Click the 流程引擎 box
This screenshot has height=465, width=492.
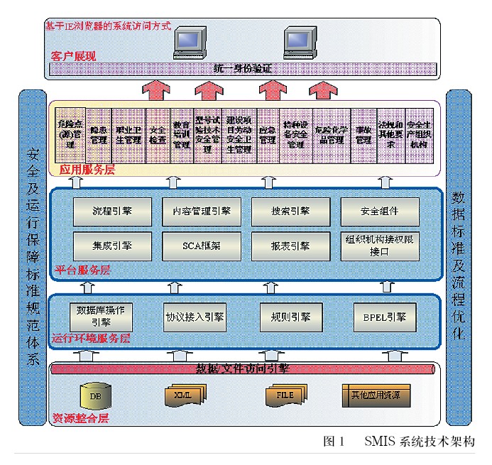[x=112, y=211]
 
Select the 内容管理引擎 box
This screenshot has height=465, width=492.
[x=202, y=211]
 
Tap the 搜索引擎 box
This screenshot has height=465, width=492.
[x=290, y=211]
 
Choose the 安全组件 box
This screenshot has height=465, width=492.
[x=380, y=211]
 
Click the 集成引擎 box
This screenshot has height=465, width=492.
[x=112, y=246]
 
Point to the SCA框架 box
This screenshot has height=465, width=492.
[x=202, y=246]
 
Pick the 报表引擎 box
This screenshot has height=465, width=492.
[x=290, y=246]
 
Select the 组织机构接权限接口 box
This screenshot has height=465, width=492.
[x=380, y=246]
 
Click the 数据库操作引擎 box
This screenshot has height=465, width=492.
[x=100, y=315]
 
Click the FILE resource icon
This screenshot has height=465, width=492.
[x=284, y=395]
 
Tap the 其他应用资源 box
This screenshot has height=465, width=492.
[x=376, y=395]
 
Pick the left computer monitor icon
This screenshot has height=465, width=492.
[x=191, y=43]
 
